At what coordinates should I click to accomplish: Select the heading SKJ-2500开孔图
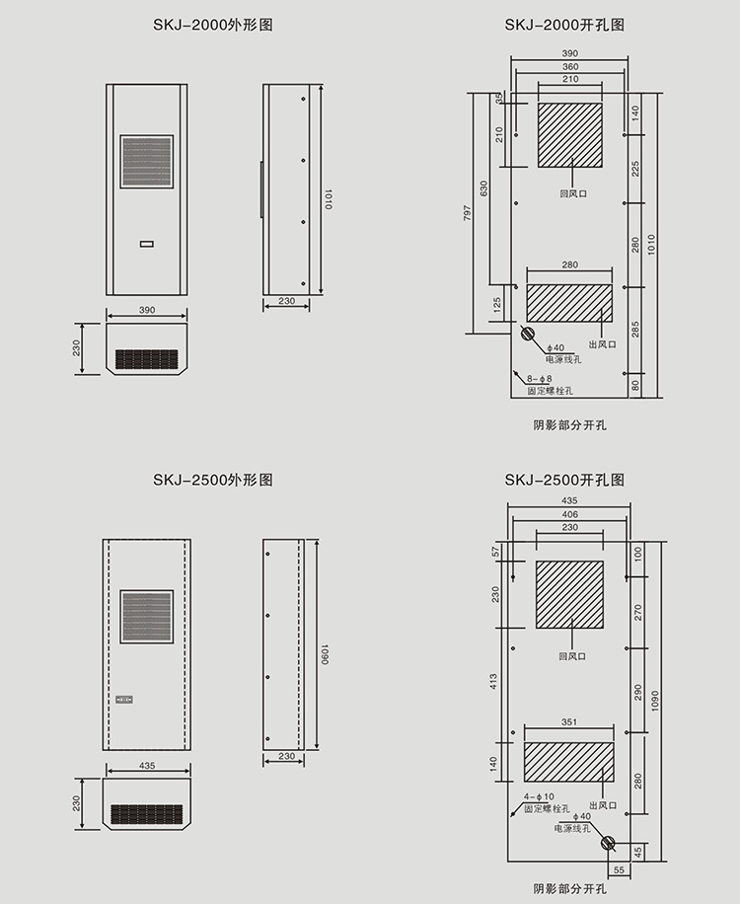[564, 481]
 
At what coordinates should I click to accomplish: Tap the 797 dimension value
[467, 213]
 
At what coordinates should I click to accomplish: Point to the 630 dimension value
[483, 188]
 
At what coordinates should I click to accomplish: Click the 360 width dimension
[570, 66]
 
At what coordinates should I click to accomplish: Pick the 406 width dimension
[569, 514]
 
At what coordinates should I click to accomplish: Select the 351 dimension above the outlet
[569, 722]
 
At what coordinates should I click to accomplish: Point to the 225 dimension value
[635, 169]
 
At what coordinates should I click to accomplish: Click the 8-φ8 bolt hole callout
[541, 379]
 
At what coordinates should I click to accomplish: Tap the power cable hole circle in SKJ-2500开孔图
[607, 843]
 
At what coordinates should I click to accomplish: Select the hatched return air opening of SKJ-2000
[569, 134]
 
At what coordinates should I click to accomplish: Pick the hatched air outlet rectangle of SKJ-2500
[569, 761]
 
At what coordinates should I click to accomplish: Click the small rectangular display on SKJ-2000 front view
[147, 243]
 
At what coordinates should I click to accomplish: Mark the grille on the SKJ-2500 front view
[147, 617]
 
